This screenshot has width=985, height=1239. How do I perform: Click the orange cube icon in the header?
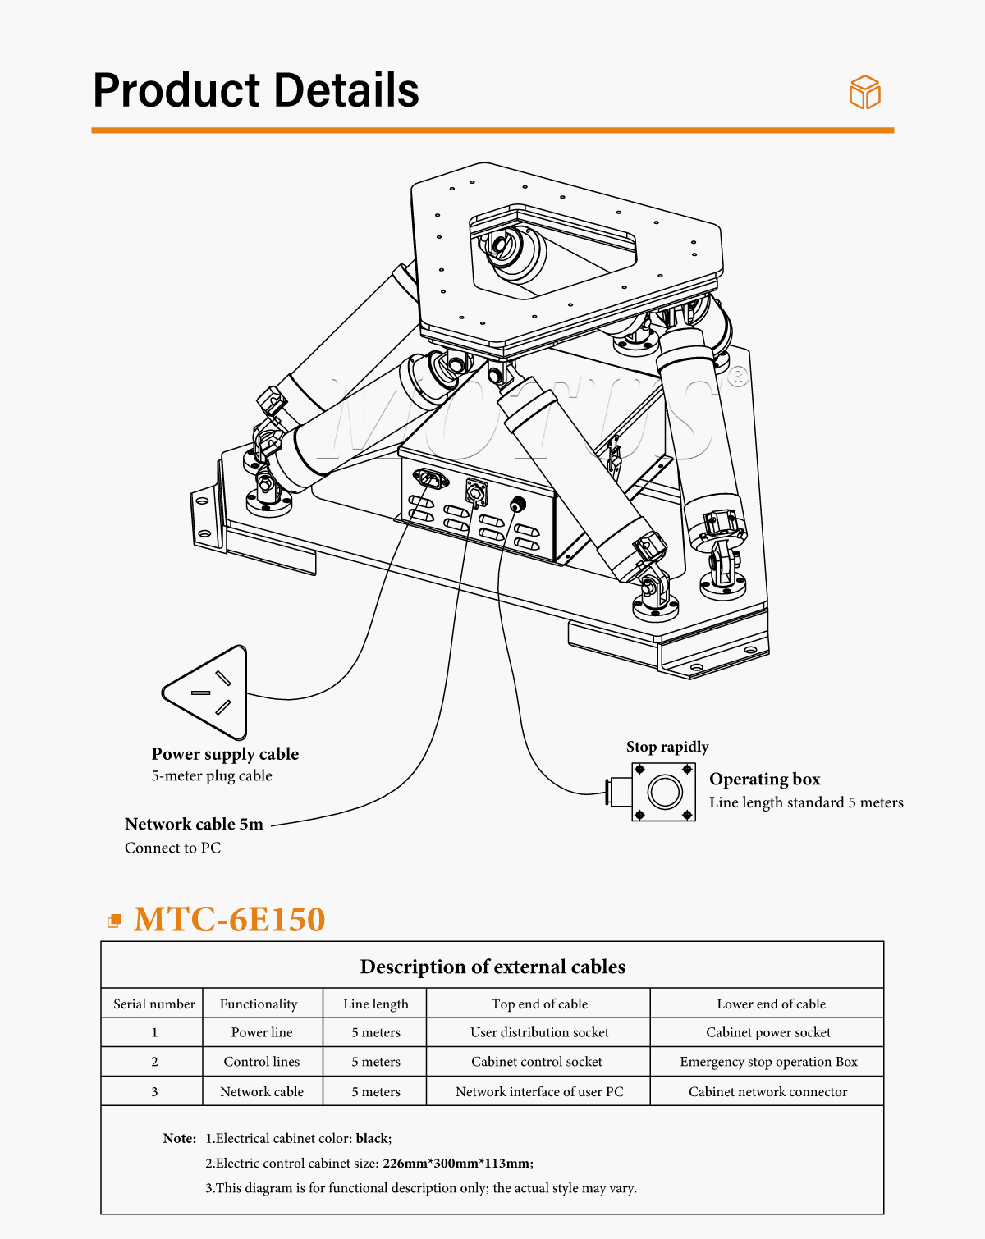point(864,93)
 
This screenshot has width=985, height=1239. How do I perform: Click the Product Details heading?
point(256,90)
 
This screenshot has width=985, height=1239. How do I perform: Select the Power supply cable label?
point(225,754)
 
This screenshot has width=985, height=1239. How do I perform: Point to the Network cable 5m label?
point(194,824)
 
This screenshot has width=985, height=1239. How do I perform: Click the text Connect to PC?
point(172,848)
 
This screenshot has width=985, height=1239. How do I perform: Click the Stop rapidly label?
point(667,747)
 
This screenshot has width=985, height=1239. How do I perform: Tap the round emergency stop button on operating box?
point(664,792)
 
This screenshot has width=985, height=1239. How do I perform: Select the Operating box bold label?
point(764,779)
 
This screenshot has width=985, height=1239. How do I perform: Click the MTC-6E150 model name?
point(229,919)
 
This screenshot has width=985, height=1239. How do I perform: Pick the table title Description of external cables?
point(492,967)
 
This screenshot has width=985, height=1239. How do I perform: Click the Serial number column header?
point(154,1004)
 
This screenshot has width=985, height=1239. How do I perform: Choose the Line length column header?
point(375,1004)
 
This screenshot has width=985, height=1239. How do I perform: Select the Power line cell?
point(261,1032)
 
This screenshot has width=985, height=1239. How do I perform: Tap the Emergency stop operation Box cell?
point(768,1062)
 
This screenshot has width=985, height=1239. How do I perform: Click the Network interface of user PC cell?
point(539,1091)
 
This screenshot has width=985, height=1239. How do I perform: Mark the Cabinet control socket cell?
point(537,1062)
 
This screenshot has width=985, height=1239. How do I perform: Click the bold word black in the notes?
point(372,1138)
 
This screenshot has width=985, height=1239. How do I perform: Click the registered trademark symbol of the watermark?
point(738,376)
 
